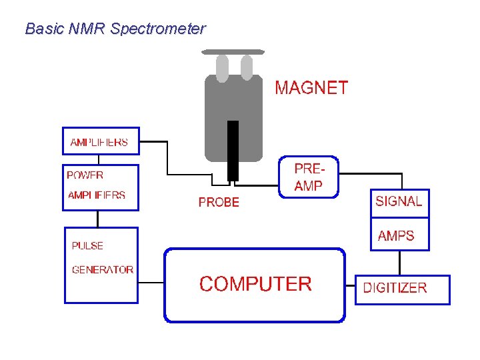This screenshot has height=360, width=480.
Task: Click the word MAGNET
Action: pyautogui.click(x=311, y=88)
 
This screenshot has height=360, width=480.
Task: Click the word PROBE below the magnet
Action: pyautogui.click(x=219, y=202)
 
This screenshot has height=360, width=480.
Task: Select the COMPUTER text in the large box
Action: pyautogui.click(x=255, y=284)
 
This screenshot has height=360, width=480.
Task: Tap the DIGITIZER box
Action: pyautogui.click(x=402, y=289)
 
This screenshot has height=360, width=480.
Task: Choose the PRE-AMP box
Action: pyautogui.click(x=308, y=177)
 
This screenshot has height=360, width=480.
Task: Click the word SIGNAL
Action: pyautogui.click(x=399, y=201)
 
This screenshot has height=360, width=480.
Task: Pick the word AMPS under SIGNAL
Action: pyautogui.click(x=396, y=236)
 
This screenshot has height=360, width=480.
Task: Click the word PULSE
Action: pyautogui.click(x=87, y=245)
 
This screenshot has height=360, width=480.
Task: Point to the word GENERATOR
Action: pyautogui.click(x=103, y=270)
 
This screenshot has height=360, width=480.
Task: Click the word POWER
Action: pyautogui.click(x=85, y=175)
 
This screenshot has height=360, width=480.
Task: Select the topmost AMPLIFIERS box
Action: pyautogui.click(x=101, y=141)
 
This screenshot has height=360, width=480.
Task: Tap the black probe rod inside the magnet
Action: pyautogui.click(x=233, y=150)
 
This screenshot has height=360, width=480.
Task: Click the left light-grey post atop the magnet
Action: pyautogui.click(x=222, y=67)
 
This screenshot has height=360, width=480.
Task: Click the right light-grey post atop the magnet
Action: pyautogui.click(x=247, y=67)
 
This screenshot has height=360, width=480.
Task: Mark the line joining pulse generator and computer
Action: pyautogui.click(x=151, y=282)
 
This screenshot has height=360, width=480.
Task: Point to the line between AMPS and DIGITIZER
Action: pyautogui.click(x=399, y=262)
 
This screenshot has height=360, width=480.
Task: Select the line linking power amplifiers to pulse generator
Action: pyautogui.click(x=98, y=219)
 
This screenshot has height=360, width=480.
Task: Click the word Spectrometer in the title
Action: pyautogui.click(x=158, y=29)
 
